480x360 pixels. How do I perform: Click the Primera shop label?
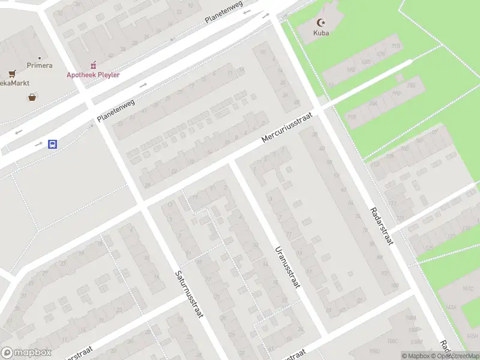[39, 65]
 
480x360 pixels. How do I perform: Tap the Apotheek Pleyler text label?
[93, 75]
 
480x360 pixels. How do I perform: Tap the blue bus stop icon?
[53, 144]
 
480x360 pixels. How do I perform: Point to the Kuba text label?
[322, 33]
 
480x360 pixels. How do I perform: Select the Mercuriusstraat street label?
[289, 127]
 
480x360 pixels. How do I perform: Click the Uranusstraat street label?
[287, 268]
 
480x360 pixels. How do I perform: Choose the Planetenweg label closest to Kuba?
[224, 12]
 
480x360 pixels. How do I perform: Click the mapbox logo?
[26, 353]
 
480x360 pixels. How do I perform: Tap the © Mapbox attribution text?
[416, 356]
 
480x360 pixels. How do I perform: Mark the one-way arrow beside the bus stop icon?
[38, 144]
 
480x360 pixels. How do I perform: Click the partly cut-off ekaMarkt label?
[15, 83]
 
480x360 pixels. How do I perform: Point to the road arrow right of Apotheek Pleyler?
[144, 85]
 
